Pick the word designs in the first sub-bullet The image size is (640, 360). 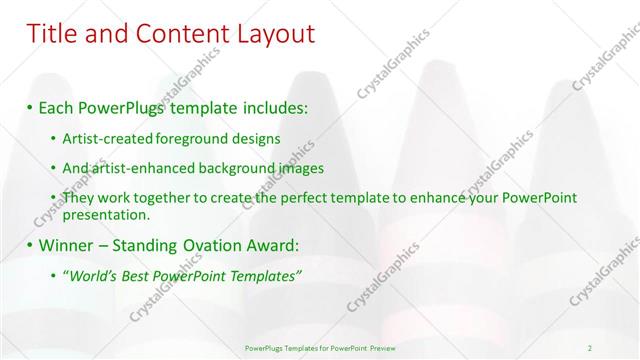255,138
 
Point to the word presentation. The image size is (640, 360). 106,214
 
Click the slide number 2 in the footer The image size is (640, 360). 590,347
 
